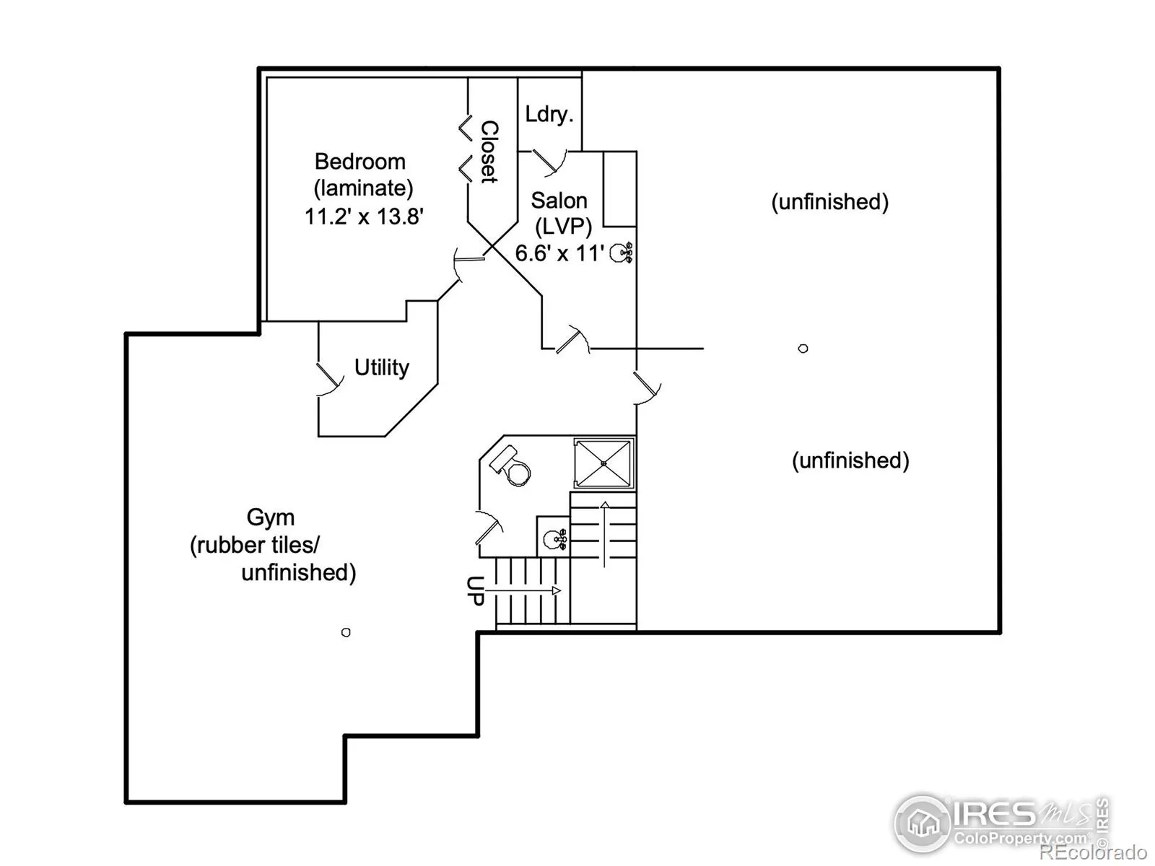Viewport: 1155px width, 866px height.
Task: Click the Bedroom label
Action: [x=360, y=162]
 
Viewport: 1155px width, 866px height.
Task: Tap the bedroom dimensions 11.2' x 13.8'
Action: [x=364, y=216]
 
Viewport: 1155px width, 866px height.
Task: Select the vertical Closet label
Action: [x=489, y=152]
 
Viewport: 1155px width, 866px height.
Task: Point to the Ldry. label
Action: [x=549, y=114]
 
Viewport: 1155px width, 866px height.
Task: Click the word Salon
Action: [x=559, y=201]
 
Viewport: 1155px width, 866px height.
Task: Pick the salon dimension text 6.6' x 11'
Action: [x=559, y=253]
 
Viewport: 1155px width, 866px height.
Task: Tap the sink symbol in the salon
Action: [x=621, y=253]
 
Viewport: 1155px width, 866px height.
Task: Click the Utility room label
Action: [x=381, y=367]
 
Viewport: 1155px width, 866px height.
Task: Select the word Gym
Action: [x=271, y=518]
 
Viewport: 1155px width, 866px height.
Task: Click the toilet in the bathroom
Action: [x=510, y=466]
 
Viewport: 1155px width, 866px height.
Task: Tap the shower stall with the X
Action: [x=603, y=464]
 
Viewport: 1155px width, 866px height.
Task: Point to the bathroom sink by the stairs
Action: [x=554, y=539]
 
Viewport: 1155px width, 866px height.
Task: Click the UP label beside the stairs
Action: [x=475, y=591]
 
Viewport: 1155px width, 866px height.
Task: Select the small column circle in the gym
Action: [x=346, y=632]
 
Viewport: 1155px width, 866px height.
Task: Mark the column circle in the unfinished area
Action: [x=803, y=348]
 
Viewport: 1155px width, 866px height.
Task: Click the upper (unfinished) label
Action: [x=830, y=202]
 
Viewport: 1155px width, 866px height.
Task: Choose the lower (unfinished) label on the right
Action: [x=850, y=460]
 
